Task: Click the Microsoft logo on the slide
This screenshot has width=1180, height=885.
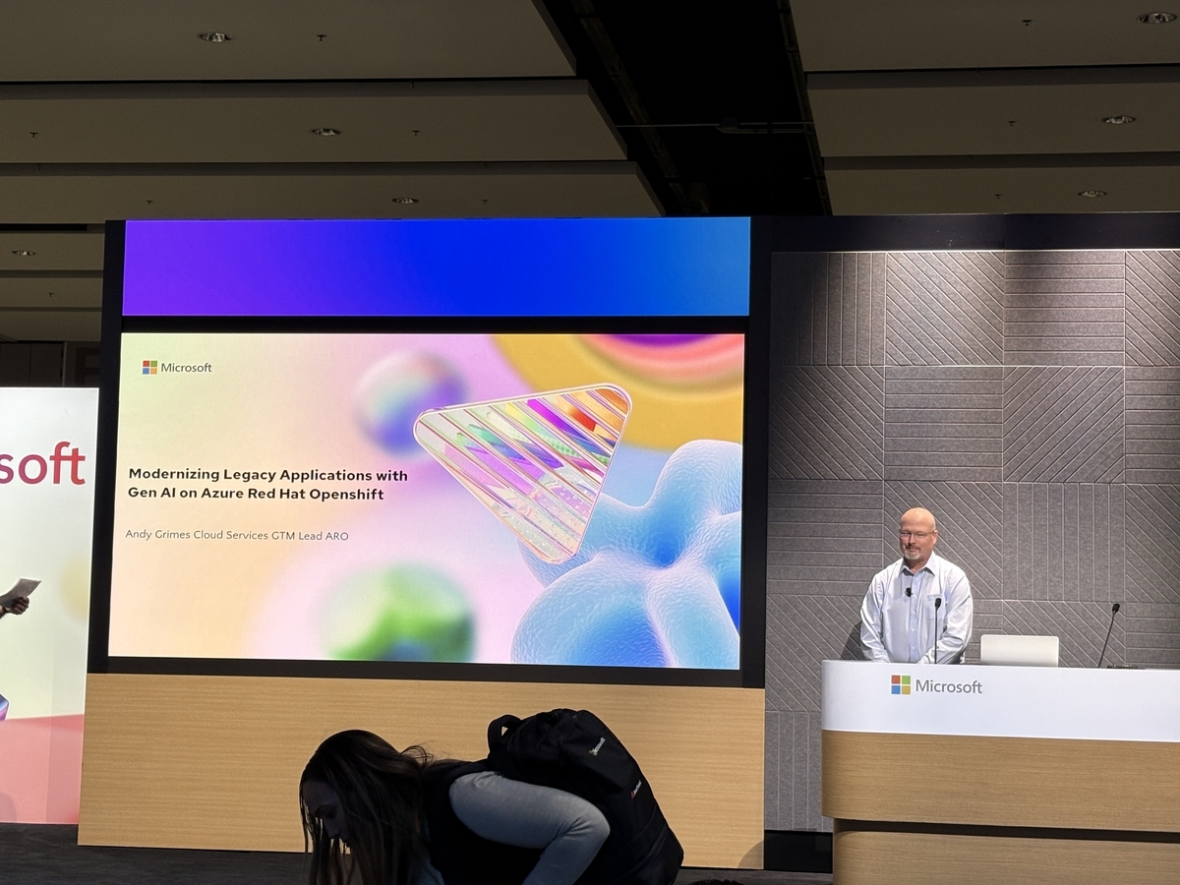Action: (x=177, y=368)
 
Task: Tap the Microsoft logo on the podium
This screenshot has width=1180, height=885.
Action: (x=936, y=685)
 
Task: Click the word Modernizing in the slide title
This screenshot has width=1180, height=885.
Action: (x=174, y=475)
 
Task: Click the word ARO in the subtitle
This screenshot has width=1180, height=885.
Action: (x=336, y=536)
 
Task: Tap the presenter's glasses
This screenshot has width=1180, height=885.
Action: (x=915, y=535)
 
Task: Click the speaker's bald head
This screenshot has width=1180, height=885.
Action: (x=917, y=519)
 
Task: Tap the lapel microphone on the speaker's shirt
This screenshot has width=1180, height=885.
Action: (x=908, y=592)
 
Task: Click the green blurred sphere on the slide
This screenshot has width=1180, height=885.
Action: (x=400, y=613)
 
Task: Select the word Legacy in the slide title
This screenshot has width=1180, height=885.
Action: (x=250, y=476)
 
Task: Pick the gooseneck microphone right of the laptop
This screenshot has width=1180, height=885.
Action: (x=1109, y=635)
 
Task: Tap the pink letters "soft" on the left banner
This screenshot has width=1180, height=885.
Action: (x=42, y=464)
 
